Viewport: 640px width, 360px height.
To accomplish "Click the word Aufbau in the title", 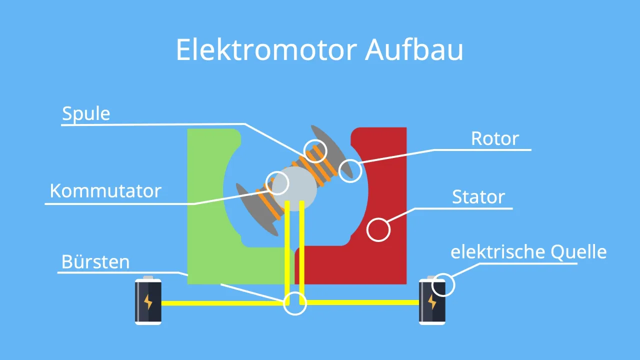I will coord(414,50).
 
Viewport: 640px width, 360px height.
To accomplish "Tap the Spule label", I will coord(86,114).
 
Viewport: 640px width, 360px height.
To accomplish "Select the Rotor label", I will coord(495,138).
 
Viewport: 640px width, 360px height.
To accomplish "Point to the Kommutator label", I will coord(105,190).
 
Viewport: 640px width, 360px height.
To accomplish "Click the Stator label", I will coord(478,197).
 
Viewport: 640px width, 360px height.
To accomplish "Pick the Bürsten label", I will coord(95,261).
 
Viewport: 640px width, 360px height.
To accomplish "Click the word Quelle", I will coord(577,252).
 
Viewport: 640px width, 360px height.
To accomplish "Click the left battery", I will coord(148,301).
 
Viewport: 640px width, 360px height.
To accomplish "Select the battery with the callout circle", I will coord(431,302).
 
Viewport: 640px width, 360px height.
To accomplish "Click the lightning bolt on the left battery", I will coord(148,302).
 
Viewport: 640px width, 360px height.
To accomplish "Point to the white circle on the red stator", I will coord(378,229).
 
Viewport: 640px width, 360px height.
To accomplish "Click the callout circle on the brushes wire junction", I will coord(295,303).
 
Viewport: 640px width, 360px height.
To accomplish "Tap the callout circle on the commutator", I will coord(277,183).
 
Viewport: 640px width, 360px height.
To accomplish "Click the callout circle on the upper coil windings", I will coord(315,150).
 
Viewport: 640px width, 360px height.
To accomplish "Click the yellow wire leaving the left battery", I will coord(220,303).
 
